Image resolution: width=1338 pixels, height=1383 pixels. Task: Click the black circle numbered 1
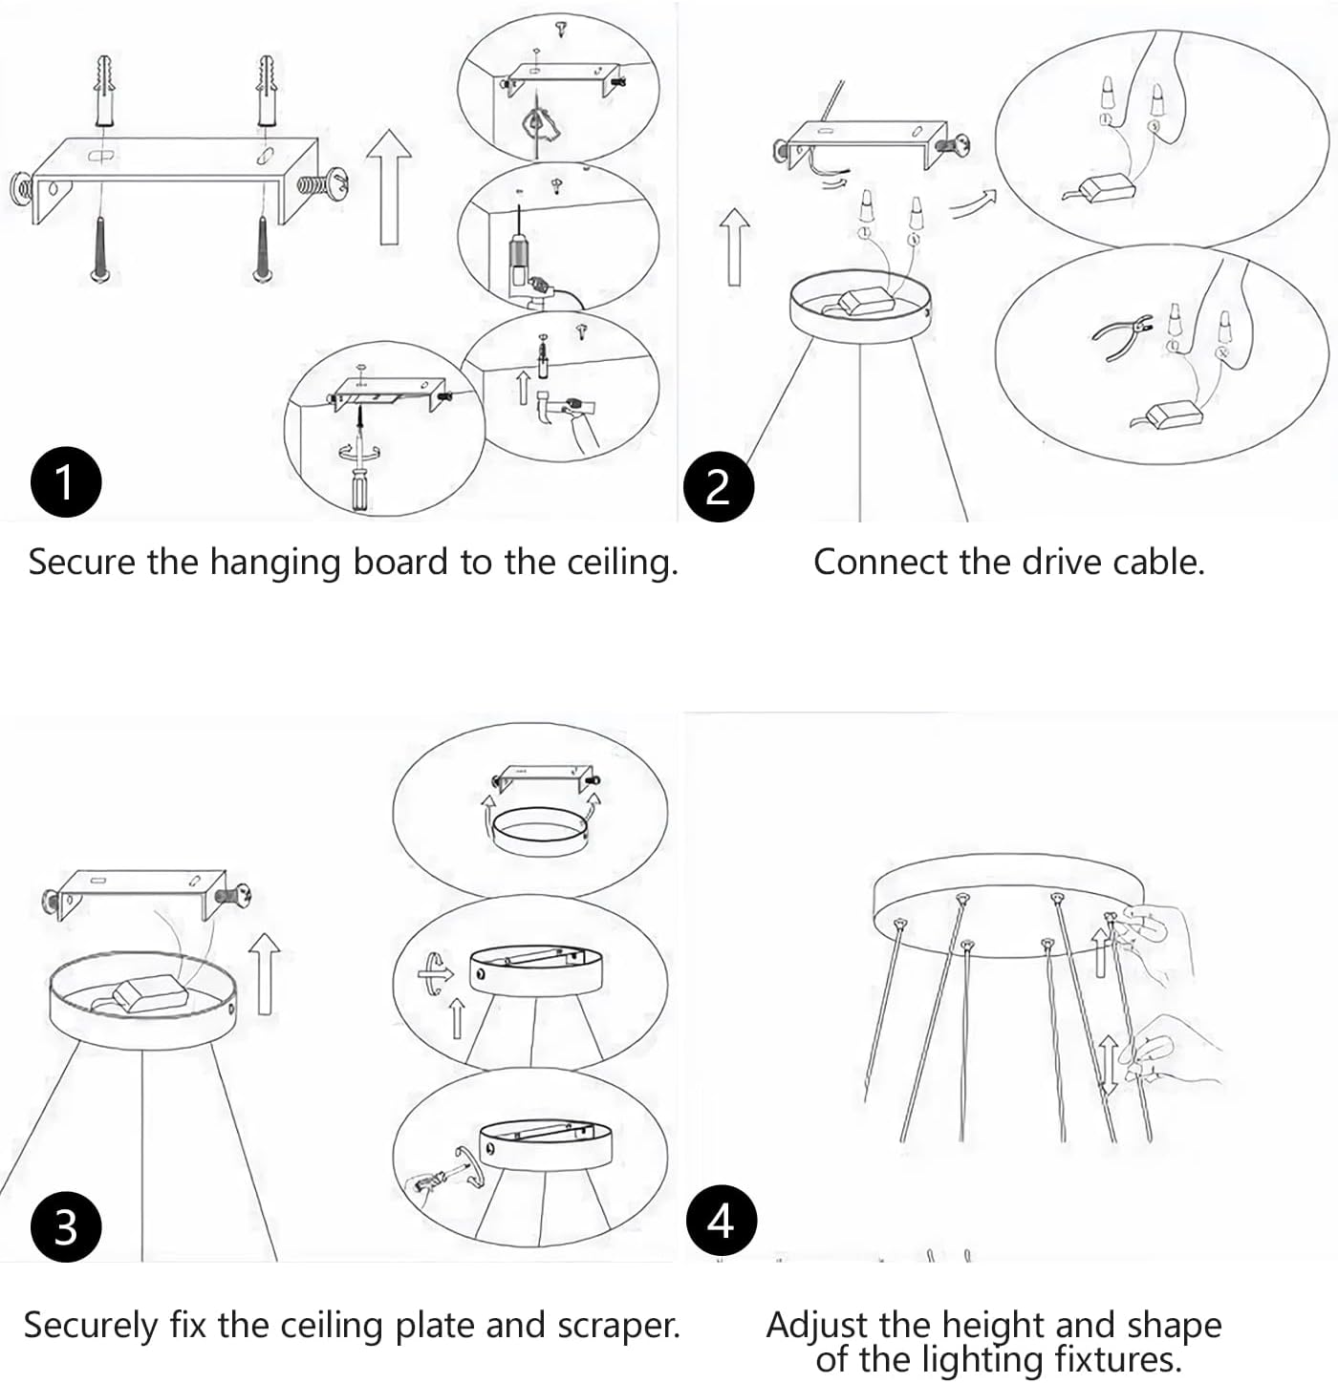65,481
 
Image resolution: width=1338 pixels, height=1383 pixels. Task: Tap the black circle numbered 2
718,487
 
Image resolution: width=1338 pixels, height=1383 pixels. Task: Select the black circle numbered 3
65,1226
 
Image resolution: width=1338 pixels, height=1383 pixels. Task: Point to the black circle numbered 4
721,1221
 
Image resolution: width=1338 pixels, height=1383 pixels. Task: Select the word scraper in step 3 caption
618,1326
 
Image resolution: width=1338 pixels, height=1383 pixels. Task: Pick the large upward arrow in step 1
388,187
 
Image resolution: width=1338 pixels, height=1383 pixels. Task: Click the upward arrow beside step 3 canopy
265,973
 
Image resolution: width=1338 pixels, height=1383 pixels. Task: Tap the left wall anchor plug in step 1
104,90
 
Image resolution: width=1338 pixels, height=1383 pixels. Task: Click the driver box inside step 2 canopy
865,301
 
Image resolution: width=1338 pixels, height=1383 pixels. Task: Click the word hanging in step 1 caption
276,564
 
